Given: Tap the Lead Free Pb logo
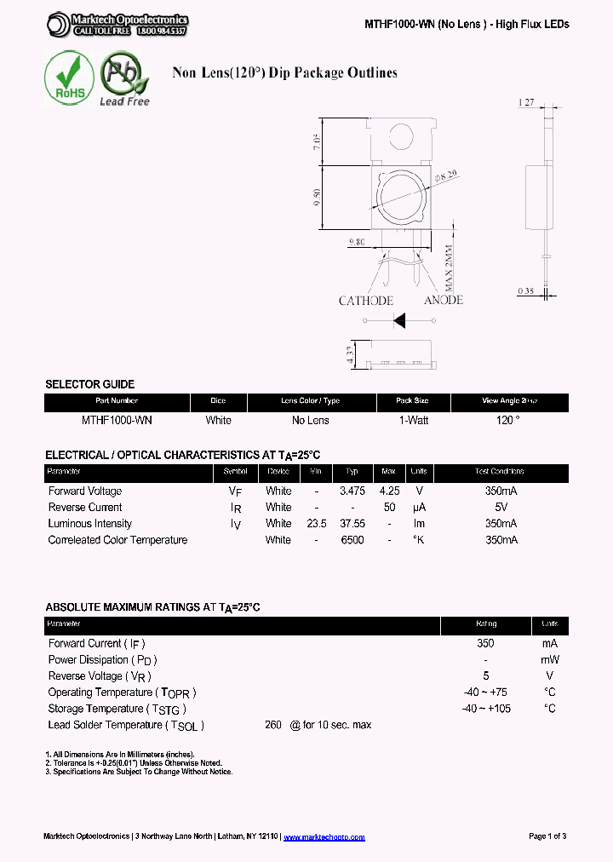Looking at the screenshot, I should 123,78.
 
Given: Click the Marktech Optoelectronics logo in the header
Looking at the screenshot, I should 117,25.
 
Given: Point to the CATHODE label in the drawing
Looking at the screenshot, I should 366,301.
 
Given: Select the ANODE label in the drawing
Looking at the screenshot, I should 443,300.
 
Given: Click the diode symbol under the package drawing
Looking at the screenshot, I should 398,321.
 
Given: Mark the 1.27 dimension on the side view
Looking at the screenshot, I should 526,103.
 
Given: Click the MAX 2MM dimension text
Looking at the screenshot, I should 449,266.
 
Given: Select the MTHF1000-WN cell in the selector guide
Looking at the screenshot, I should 117,421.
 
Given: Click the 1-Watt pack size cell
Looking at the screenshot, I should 413,421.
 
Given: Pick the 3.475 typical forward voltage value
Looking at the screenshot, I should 352,491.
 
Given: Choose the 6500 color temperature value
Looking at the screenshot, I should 352,540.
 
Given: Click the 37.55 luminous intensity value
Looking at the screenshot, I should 352,524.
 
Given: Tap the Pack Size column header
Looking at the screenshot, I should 413,401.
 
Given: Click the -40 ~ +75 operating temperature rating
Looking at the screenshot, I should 485,692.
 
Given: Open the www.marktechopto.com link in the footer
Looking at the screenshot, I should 324,837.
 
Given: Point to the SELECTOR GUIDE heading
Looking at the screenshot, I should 89,384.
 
